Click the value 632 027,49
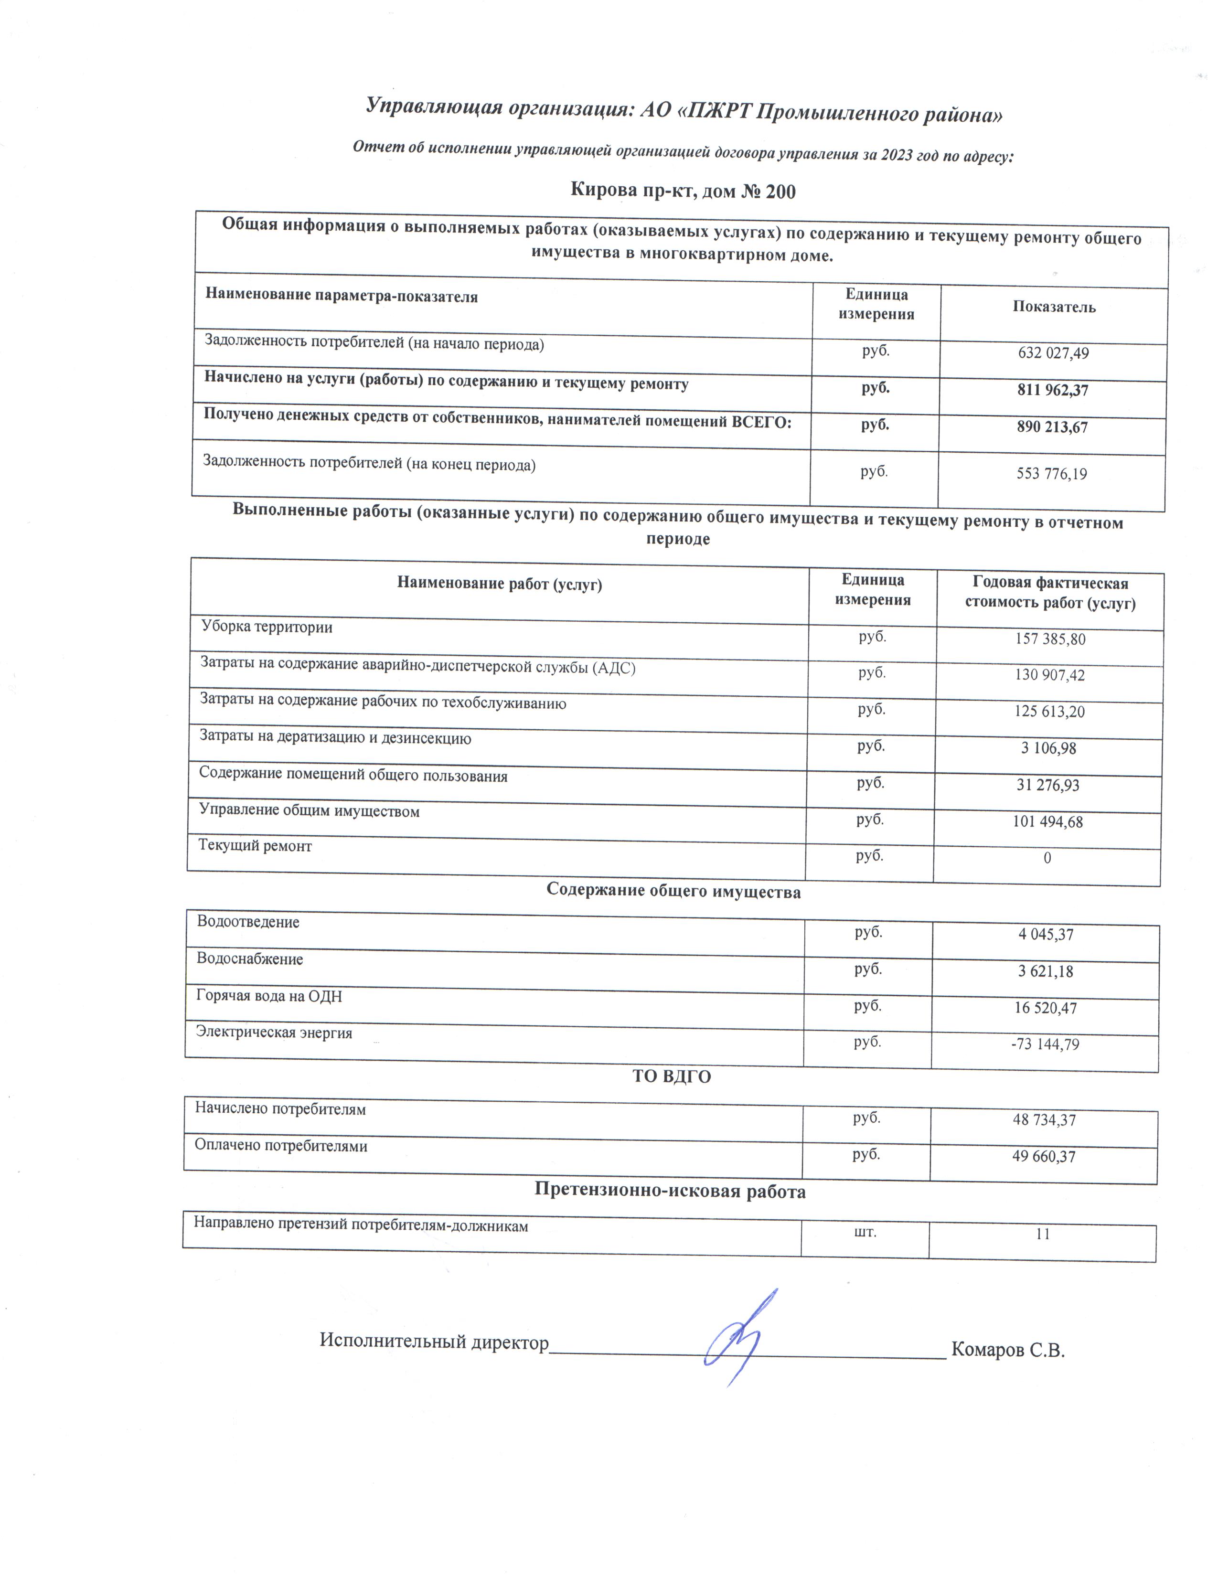click(x=1053, y=353)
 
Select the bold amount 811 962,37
click(x=1052, y=390)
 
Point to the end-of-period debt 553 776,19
click(x=1051, y=474)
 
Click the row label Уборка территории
click(x=267, y=627)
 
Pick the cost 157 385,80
click(x=1050, y=639)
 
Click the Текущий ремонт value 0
click(x=1047, y=858)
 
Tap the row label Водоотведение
click(x=248, y=922)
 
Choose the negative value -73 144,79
click(x=1045, y=1044)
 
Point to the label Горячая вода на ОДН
click(x=269, y=996)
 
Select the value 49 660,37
click(x=1043, y=1157)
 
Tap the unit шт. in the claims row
click(x=865, y=1232)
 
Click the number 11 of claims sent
click(x=1042, y=1234)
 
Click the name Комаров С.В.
click(x=1007, y=1350)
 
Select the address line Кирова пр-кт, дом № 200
click(x=683, y=191)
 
